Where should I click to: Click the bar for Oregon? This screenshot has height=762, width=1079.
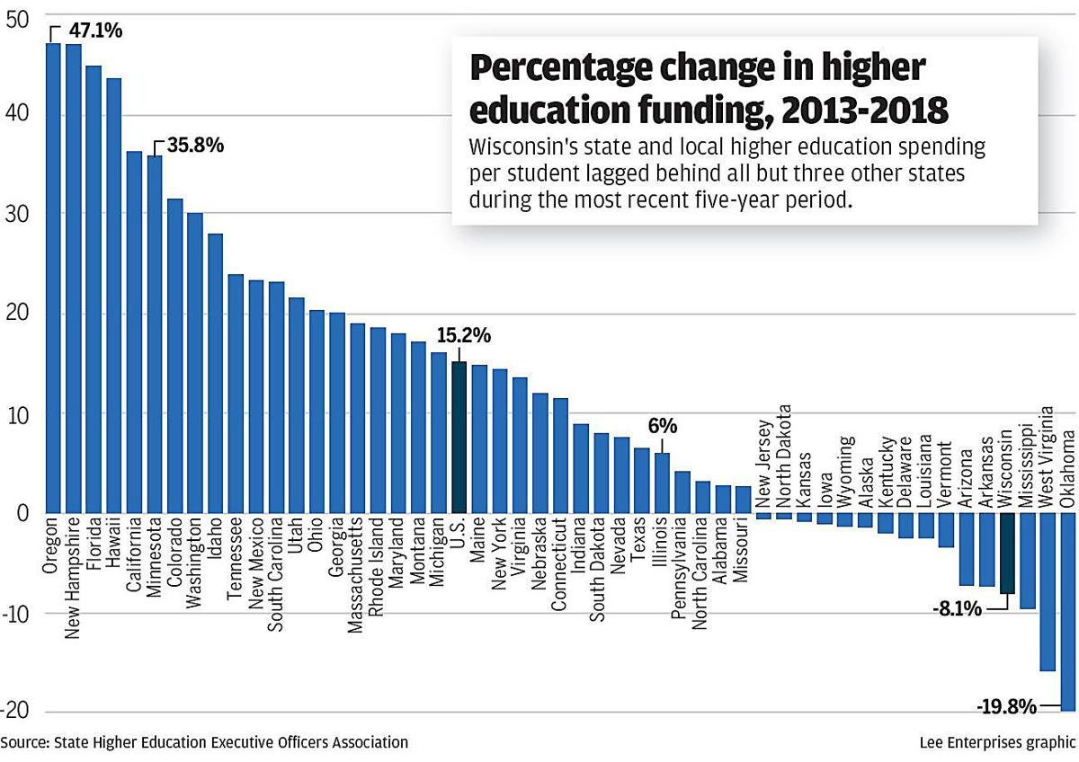(x=53, y=278)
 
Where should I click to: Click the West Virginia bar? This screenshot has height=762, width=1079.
(x=1048, y=592)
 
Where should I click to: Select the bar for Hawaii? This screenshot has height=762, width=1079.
(x=114, y=296)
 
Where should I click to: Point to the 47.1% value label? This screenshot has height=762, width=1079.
(x=95, y=30)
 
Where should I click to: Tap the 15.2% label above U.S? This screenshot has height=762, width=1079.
(x=463, y=336)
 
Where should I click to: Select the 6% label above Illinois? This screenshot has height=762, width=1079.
(x=662, y=427)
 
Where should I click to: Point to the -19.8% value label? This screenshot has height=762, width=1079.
(x=1005, y=706)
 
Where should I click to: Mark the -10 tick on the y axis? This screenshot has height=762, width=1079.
(x=15, y=614)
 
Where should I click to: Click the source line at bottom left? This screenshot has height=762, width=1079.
(x=204, y=742)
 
